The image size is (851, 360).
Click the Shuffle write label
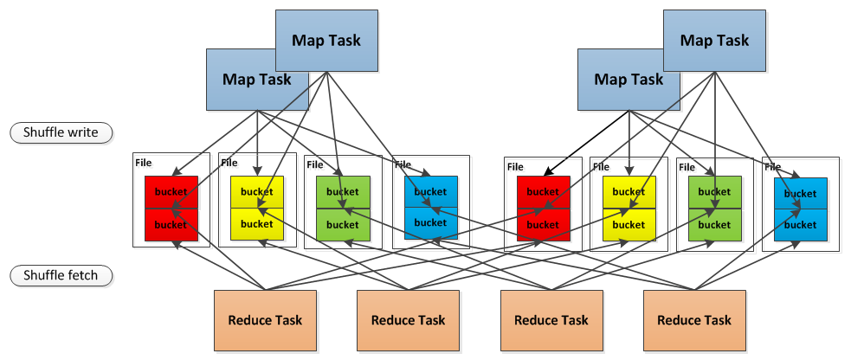(x=55, y=132)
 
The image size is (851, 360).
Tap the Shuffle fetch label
(x=55, y=276)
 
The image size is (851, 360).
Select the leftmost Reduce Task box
(x=265, y=319)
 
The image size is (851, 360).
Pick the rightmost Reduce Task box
(x=694, y=319)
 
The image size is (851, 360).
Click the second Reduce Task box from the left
(x=408, y=319)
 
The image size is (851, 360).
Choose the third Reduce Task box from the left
(x=551, y=319)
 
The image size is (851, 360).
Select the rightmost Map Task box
(x=714, y=39)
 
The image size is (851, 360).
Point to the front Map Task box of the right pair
(x=629, y=79)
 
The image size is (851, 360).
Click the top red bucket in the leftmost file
(x=171, y=191)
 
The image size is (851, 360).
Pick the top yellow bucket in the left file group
(x=257, y=191)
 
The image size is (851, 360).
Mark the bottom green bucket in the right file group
(x=714, y=225)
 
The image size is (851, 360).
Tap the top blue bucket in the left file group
(x=430, y=191)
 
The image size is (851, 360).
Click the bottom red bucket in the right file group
(x=543, y=225)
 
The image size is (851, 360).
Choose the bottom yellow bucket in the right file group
(x=629, y=225)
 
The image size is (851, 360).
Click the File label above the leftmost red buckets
(x=143, y=162)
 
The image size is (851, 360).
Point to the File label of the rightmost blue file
(x=772, y=166)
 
